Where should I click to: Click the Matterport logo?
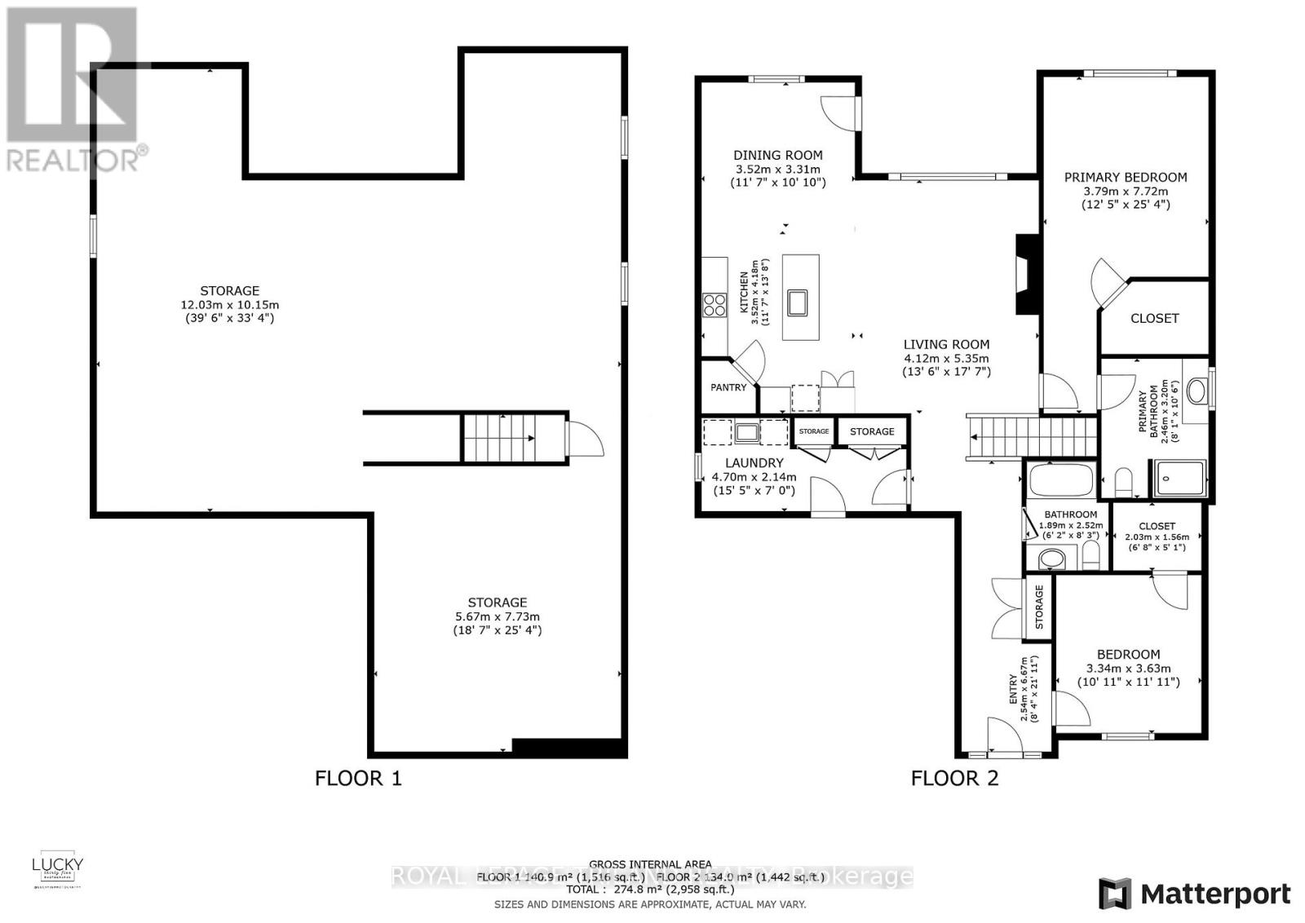[1194, 894]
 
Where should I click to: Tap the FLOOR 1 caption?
[358, 778]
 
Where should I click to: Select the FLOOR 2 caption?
[954, 778]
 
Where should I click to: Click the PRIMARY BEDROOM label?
[1125, 177]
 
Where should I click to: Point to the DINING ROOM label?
[777, 155]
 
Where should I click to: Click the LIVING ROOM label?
[946, 344]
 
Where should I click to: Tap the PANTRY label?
[728, 387]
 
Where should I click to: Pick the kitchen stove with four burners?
[714, 305]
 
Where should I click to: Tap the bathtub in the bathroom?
[1061, 479]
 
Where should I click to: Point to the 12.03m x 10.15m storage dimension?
[229, 305]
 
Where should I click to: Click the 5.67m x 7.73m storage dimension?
[497, 616]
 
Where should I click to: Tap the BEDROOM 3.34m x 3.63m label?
[1128, 654]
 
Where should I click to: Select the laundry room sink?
[746, 432]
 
